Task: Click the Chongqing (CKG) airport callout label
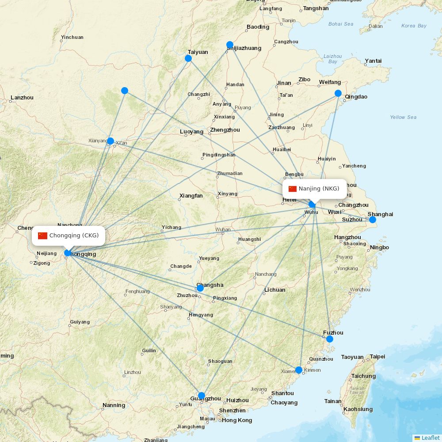pyautogui.click(x=69, y=236)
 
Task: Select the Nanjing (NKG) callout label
pyautogui.click(x=315, y=189)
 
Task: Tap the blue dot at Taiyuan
pyautogui.click(x=188, y=58)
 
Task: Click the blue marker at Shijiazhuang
pyautogui.click(x=230, y=44)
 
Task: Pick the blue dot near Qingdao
pyautogui.click(x=338, y=93)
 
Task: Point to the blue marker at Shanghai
pyautogui.click(x=373, y=220)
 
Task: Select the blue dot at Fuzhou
pyautogui.click(x=330, y=339)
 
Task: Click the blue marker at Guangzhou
pyautogui.click(x=202, y=396)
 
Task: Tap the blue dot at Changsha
pyautogui.click(x=200, y=288)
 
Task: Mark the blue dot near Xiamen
pyautogui.click(x=299, y=370)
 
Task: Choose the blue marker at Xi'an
pyautogui.click(x=110, y=141)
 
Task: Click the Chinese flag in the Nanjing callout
pyautogui.click(x=293, y=189)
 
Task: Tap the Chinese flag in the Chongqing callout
pyautogui.click(x=42, y=236)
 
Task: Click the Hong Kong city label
pyautogui.click(x=237, y=420)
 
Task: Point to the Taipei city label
pyautogui.click(x=377, y=356)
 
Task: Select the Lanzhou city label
pyautogui.click(x=22, y=98)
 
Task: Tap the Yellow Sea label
pyautogui.click(x=403, y=117)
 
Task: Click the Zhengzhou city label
pyautogui.click(x=225, y=130)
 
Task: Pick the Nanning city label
pyautogui.click(x=114, y=405)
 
